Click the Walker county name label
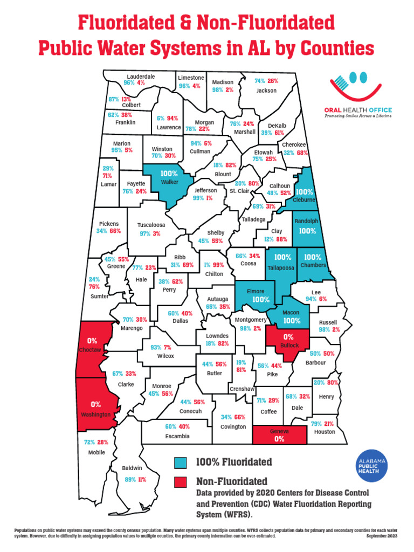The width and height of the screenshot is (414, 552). tap(169, 182)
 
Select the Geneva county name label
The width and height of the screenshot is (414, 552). tap(279, 431)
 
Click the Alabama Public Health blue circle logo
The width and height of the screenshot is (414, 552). tap(372, 463)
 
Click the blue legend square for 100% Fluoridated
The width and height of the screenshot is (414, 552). tap(180, 462)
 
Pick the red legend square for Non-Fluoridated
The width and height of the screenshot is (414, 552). tap(180, 481)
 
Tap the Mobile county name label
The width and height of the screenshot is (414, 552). tap(96, 452)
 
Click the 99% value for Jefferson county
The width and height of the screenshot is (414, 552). tap(197, 198)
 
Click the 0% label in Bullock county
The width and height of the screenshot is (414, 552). tap(288, 337)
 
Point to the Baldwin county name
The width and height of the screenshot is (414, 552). tap(132, 468)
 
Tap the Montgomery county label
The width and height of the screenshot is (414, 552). tap(251, 320)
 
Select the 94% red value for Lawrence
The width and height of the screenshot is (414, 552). tap(172, 118)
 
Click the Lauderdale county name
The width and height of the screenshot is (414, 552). tap(141, 77)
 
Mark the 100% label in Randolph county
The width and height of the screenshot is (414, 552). tap(307, 230)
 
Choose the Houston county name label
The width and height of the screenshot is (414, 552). tap(324, 431)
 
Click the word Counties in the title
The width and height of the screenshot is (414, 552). tap(334, 49)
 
